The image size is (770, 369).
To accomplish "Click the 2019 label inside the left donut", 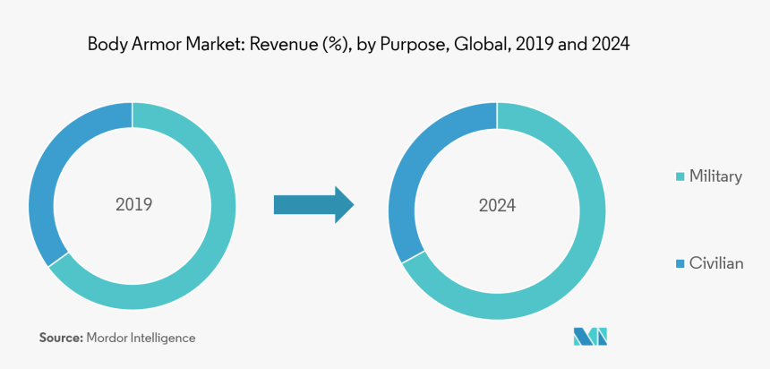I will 133,204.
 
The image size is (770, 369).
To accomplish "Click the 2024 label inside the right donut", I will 497,205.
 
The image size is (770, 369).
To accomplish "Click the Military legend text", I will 714,176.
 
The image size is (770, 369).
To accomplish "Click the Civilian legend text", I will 715,263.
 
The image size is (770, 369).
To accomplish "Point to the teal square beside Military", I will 680,176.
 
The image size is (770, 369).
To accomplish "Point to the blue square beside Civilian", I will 680,263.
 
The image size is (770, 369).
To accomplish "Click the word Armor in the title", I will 150,43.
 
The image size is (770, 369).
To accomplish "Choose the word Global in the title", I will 480,43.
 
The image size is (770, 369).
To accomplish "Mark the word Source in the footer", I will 60,338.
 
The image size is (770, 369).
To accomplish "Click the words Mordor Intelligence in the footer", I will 141,338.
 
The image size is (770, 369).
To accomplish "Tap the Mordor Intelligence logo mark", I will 591,337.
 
